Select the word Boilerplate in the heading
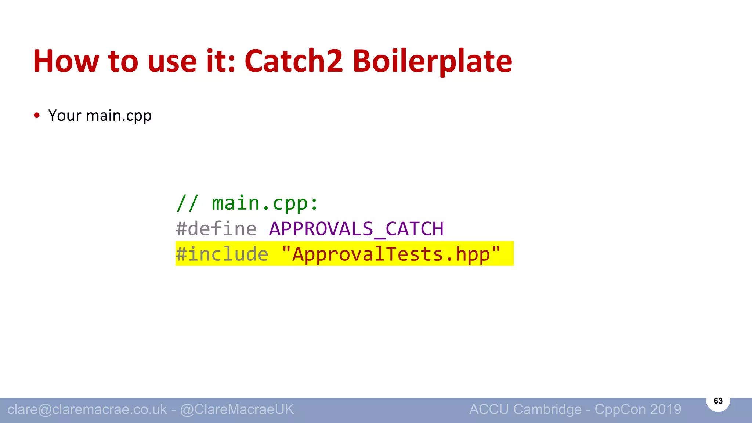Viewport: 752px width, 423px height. (432, 62)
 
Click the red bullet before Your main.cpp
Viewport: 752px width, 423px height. (37, 116)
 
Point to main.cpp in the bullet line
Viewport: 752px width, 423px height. (119, 116)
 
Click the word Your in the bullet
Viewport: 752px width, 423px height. (65, 116)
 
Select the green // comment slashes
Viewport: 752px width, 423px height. (187, 203)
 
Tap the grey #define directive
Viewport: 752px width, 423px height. (216, 229)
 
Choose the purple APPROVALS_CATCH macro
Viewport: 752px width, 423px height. (356, 229)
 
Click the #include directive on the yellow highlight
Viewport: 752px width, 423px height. (222, 254)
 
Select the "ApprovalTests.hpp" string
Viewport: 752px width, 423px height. (391, 254)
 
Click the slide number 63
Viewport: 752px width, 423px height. (718, 401)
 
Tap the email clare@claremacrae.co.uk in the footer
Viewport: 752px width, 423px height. (87, 409)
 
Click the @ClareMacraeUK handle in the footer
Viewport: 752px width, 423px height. (237, 409)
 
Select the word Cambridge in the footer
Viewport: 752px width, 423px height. (547, 409)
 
